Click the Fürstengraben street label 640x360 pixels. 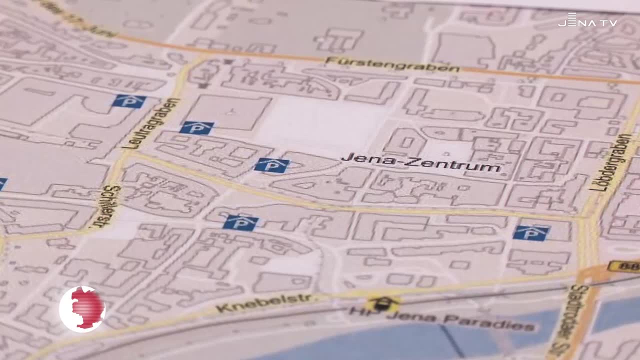pyautogui.click(x=392, y=64)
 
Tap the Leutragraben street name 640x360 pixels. pyautogui.click(x=150, y=123)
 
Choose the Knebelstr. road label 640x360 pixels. pyautogui.click(x=264, y=302)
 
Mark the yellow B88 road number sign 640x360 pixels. pyautogui.click(x=624, y=266)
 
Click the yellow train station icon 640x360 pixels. pyautogui.click(x=382, y=303)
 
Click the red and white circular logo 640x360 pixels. pyautogui.click(x=82, y=309)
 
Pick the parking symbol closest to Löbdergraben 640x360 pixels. pyautogui.click(x=531, y=232)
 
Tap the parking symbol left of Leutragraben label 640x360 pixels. pyautogui.click(x=128, y=101)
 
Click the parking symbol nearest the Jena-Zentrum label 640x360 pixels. pyautogui.click(x=271, y=165)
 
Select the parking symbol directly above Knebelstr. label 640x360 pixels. pyautogui.click(x=240, y=222)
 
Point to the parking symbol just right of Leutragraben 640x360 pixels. pyautogui.click(x=196, y=128)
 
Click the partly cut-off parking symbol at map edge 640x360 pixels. pyautogui.click(x=2, y=184)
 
